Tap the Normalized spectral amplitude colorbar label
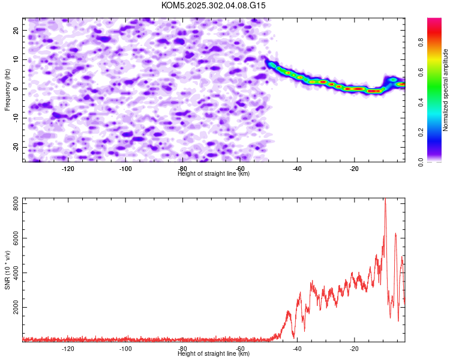446,90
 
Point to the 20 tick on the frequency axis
16,30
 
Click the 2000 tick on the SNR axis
13,307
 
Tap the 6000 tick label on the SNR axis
13,238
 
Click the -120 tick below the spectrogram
68,169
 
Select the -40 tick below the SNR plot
297,348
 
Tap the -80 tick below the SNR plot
182,348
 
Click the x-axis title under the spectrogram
214,173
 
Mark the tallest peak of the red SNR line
385,199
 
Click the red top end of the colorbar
434,20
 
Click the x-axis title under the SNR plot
214,353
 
